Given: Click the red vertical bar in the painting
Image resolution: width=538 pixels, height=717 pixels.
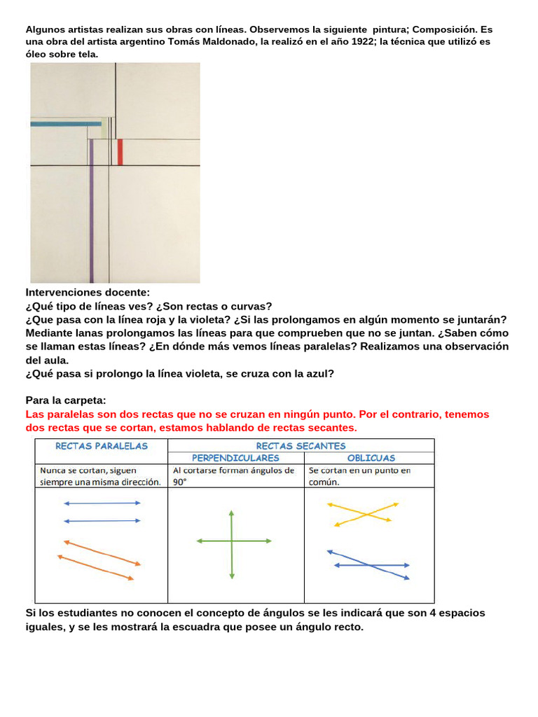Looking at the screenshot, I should (x=120, y=152).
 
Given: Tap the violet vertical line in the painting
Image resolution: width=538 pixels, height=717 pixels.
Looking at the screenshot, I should (x=92, y=210).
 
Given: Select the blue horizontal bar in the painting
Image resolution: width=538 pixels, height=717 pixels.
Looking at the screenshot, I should (x=66, y=123).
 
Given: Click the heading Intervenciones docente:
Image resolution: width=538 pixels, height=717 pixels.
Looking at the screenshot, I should (x=88, y=293).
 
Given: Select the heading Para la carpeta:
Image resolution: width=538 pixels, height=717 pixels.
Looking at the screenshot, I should (x=66, y=401).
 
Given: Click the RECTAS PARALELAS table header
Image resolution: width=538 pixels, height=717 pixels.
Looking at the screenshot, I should (x=102, y=445).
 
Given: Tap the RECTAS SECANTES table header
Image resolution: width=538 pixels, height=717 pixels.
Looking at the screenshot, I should (x=301, y=445).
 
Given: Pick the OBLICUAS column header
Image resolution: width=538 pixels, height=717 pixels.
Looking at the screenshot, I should (x=371, y=458).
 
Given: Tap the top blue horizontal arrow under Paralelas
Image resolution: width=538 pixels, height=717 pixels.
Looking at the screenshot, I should (x=102, y=503).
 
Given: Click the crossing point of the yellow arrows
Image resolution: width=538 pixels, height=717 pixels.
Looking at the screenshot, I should (x=365, y=514).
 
